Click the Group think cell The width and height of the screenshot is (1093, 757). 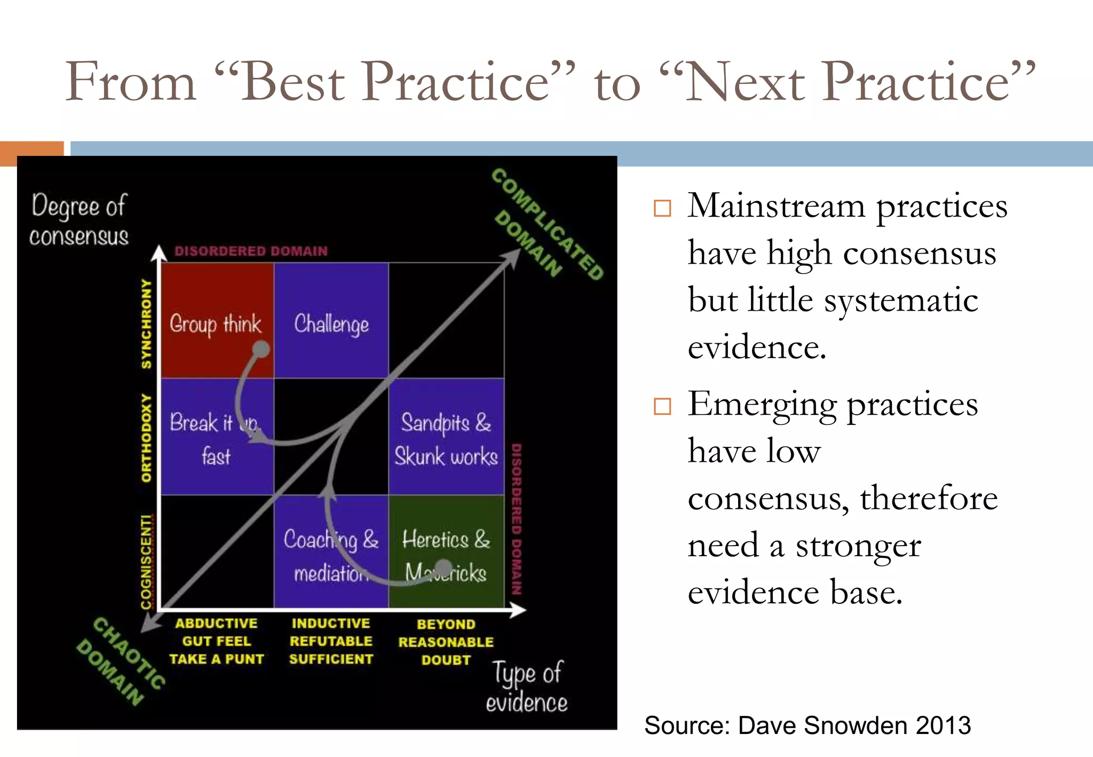pos(217,320)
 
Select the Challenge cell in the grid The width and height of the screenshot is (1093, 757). pos(331,320)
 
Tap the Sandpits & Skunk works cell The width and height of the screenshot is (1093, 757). pos(446,437)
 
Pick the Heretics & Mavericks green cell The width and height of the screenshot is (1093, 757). pos(446,553)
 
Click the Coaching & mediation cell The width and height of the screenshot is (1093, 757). pos(331,553)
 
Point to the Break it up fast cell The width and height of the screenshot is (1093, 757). pos(217,437)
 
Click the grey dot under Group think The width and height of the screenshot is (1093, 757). pos(261,350)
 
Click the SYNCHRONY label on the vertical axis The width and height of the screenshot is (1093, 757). pos(146,323)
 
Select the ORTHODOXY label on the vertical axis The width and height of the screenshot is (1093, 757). pos(146,438)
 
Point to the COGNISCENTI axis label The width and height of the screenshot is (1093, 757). pos(146,562)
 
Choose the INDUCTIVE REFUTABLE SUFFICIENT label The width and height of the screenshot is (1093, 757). pos(331,641)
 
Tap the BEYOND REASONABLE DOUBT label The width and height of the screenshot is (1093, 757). pos(446,642)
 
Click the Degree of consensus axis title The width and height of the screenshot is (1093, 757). pos(79,220)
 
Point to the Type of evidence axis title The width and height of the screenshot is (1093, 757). pos(527,687)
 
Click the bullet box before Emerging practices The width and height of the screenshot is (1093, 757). pos(662,406)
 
